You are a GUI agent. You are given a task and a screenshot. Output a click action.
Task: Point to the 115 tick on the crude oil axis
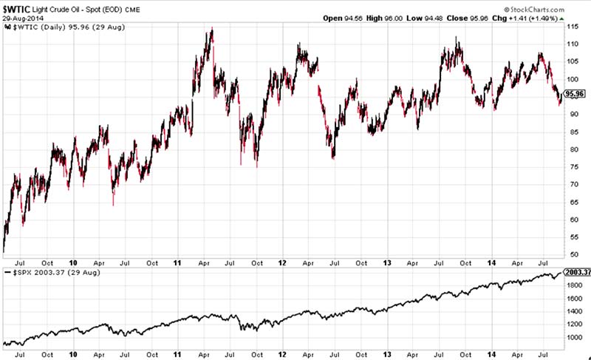tap(571, 27)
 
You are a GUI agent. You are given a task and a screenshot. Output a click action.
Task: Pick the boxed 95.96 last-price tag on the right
tap(573, 94)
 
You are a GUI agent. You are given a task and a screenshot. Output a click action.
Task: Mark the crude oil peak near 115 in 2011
tap(212, 29)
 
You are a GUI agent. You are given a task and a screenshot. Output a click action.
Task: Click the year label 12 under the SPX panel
tap(283, 353)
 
